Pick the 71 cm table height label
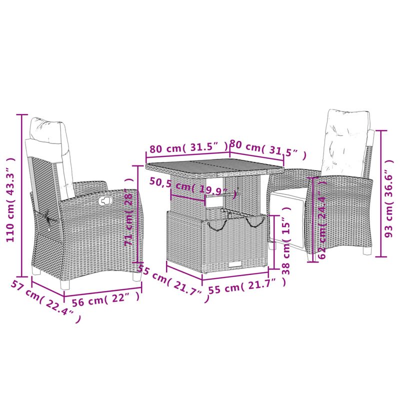[129, 220]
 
